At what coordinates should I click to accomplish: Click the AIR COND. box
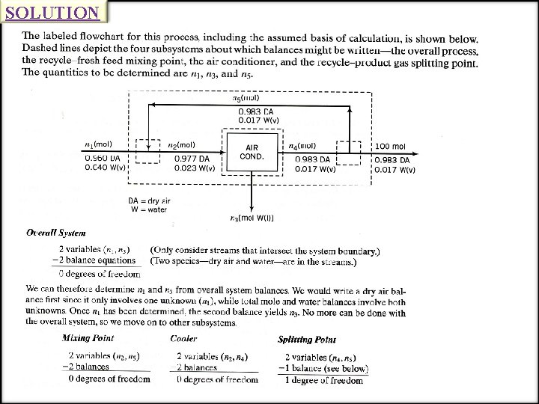[252, 152]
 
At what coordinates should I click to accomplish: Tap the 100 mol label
[389, 145]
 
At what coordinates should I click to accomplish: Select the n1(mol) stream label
[97, 144]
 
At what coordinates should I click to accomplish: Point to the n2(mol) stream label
[182, 144]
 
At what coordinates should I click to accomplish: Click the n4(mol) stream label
[301, 145]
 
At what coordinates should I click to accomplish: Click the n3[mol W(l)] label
[252, 218]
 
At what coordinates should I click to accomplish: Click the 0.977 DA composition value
[192, 159]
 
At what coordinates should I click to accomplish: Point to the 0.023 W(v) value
[195, 168]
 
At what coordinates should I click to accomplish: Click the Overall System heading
[56, 233]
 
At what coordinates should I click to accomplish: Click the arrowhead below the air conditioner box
[252, 207]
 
